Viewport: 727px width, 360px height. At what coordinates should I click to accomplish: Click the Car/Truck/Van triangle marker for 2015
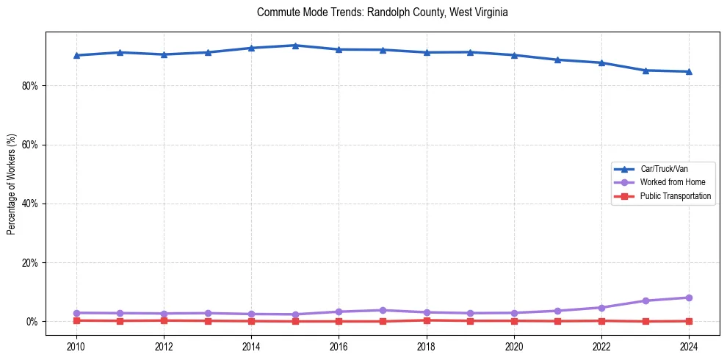click(295, 46)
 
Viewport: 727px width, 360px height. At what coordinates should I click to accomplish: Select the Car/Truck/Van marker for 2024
click(689, 71)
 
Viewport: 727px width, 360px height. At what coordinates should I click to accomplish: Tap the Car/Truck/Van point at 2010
click(76, 55)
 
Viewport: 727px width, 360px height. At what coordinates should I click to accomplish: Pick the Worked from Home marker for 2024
click(689, 298)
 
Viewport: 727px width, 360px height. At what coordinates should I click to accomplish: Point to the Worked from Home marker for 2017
click(383, 310)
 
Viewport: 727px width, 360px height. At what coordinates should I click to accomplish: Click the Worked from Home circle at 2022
click(601, 307)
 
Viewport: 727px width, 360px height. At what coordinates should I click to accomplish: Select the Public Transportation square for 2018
click(427, 320)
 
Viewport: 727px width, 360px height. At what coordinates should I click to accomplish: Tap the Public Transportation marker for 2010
click(76, 320)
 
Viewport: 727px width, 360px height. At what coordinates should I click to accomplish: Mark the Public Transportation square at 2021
click(557, 321)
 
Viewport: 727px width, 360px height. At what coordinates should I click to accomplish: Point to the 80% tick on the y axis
click(30, 86)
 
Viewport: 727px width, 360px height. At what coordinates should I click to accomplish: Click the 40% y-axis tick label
click(30, 204)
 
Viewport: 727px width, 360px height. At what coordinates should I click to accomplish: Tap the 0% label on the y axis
click(32, 322)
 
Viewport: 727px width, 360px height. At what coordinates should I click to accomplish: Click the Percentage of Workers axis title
click(11, 184)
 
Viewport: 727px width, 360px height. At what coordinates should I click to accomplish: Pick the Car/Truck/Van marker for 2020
click(514, 55)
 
